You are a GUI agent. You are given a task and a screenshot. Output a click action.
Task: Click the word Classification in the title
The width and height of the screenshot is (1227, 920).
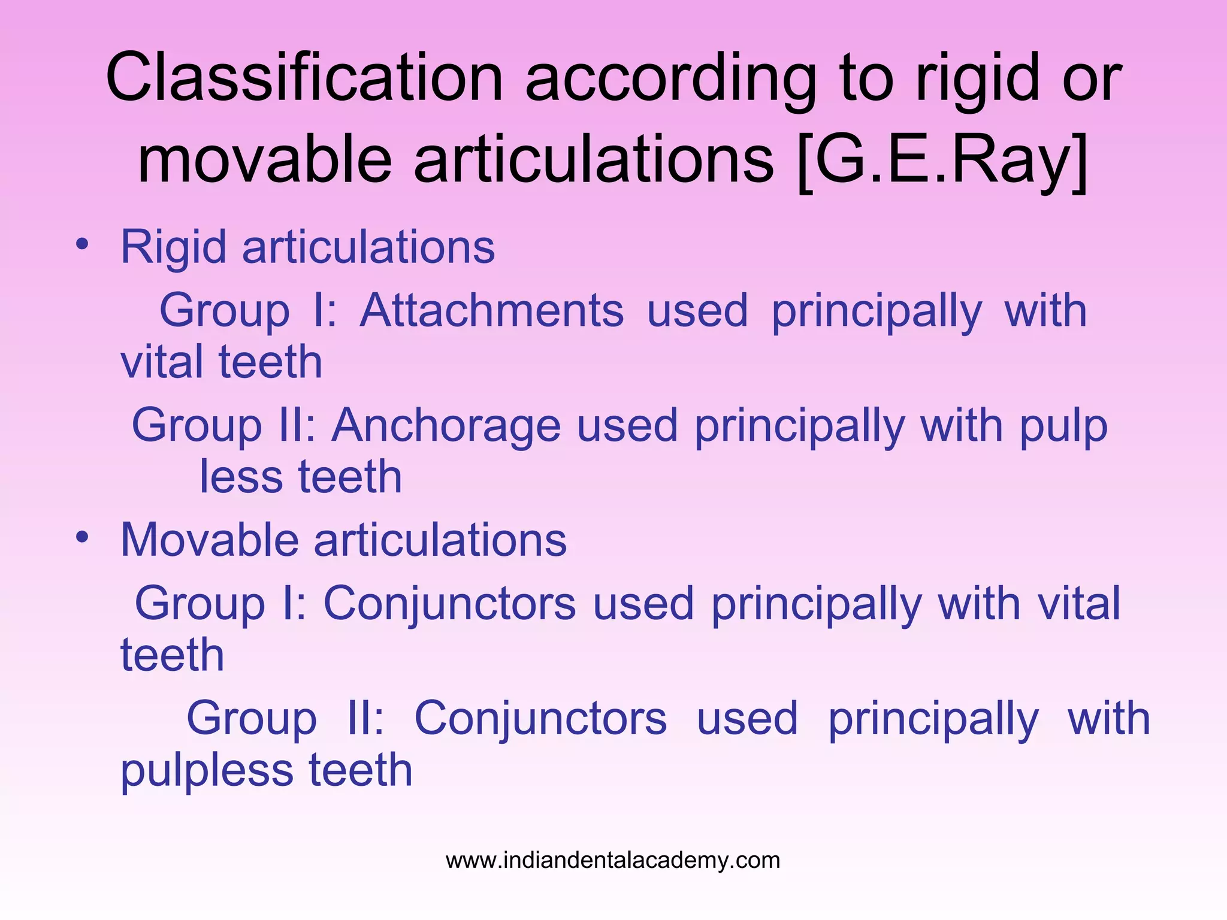tap(304, 78)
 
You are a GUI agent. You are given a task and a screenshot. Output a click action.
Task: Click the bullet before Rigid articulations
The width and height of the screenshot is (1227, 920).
tap(82, 244)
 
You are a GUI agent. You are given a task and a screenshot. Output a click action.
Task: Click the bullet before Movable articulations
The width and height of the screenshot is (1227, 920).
tap(82, 537)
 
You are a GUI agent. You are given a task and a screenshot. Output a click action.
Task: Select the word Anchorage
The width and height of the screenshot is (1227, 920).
tap(446, 425)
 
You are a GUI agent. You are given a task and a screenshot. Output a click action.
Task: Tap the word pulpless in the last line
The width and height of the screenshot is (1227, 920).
tap(207, 770)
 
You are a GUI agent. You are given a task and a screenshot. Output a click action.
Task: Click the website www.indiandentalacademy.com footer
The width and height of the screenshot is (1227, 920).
tap(613, 860)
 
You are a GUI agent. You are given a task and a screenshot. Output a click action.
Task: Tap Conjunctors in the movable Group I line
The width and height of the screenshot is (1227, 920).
tap(449, 603)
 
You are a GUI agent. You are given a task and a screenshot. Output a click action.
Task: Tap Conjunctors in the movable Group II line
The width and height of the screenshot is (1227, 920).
tap(540, 718)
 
